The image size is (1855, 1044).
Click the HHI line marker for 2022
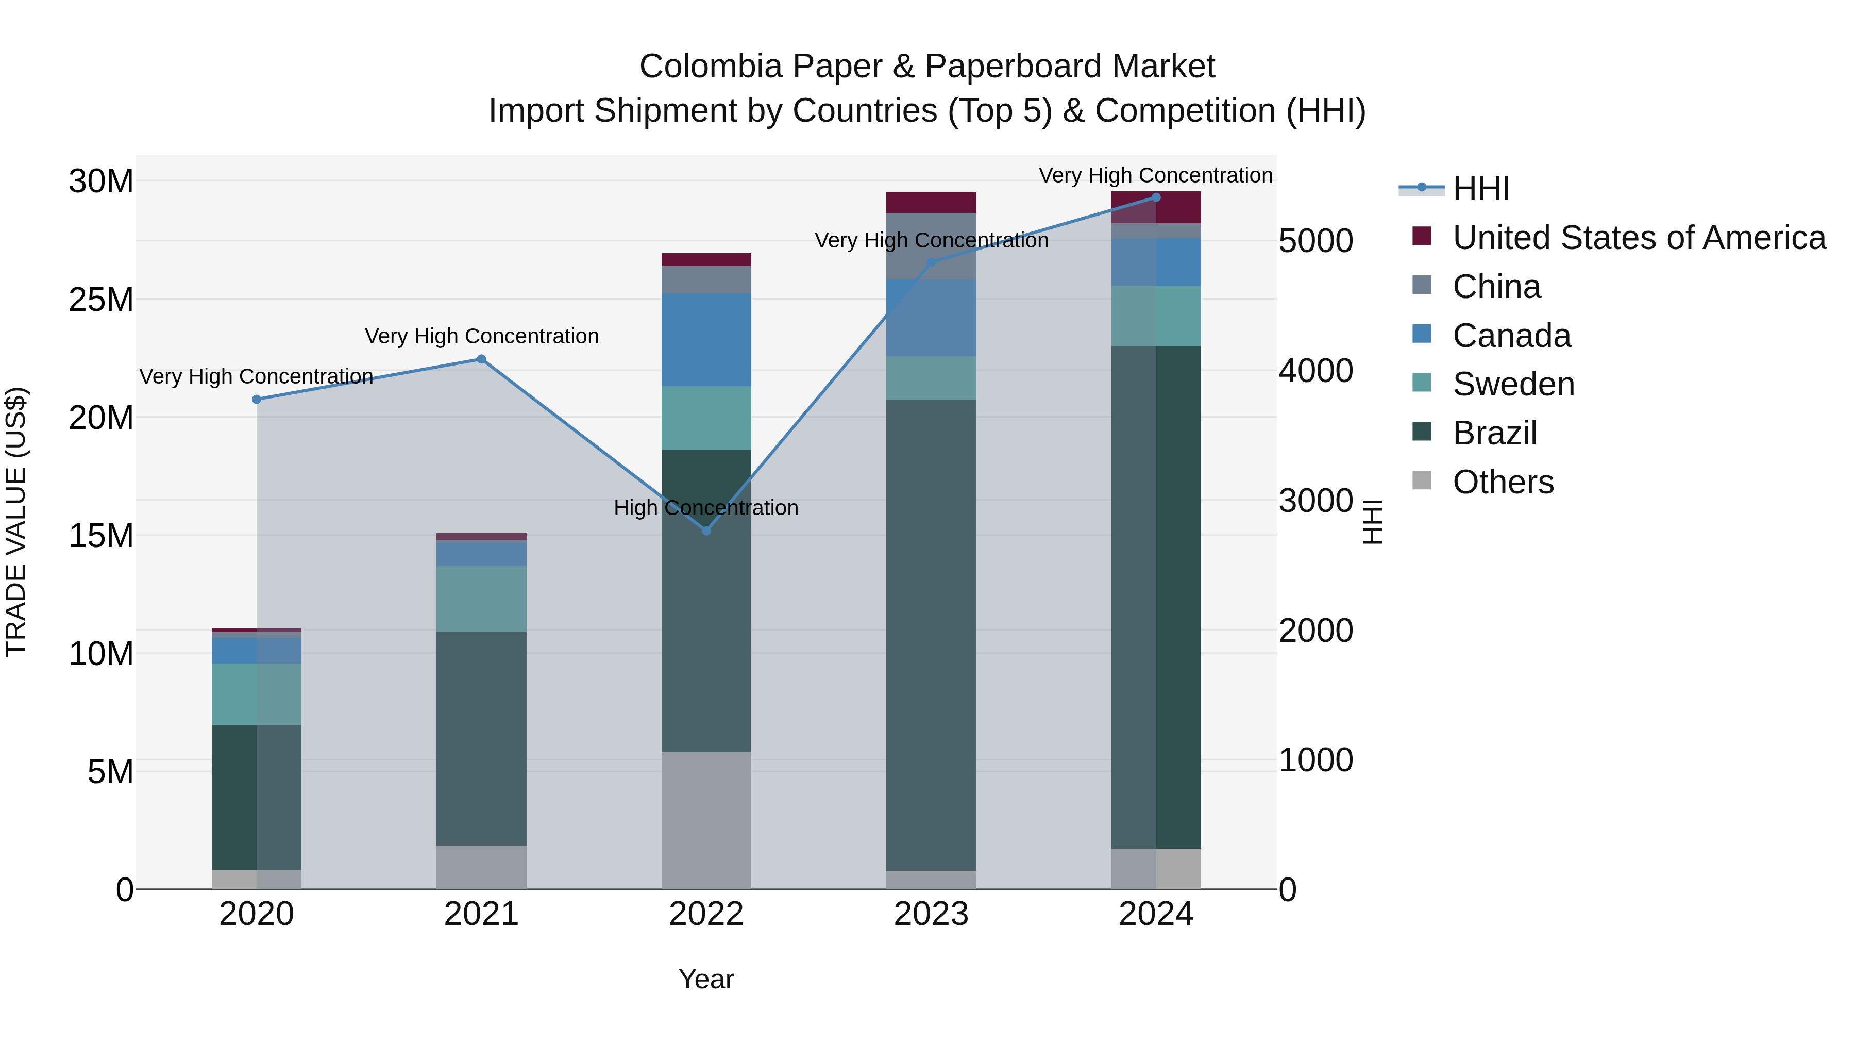[706, 531]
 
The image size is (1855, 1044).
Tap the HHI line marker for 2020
[257, 399]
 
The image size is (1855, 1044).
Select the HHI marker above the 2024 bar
[1156, 197]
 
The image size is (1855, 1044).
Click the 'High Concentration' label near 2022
[706, 508]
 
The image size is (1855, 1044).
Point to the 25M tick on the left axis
[101, 300]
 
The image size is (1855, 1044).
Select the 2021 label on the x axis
[481, 914]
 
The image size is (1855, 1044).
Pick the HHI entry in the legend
[1480, 189]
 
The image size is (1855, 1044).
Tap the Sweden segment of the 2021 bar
[481, 598]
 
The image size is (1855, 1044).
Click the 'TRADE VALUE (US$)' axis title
[16, 522]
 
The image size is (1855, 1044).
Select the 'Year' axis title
[706, 979]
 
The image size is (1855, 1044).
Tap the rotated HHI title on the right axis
[1373, 522]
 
